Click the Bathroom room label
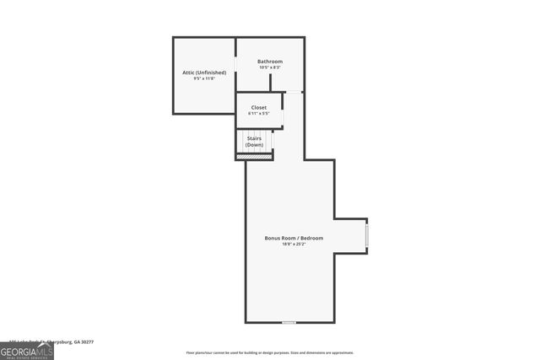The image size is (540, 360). point(270,62)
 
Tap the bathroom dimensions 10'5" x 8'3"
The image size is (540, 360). point(270,67)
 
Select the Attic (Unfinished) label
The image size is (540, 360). point(204,73)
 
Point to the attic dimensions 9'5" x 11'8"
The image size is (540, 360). point(204,78)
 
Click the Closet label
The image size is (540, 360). point(259,107)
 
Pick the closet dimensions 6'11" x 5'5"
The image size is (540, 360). point(259,113)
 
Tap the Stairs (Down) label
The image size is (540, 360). point(254,142)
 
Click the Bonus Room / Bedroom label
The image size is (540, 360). point(294,238)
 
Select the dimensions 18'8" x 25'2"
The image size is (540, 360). point(294,244)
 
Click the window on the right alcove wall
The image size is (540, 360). point(366,235)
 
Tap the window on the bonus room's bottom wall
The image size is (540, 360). point(289,322)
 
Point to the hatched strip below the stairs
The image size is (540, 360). point(254,156)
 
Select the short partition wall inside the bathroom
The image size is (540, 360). point(270,83)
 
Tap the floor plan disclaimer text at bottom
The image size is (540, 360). point(269,352)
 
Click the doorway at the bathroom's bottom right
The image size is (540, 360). point(294,92)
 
